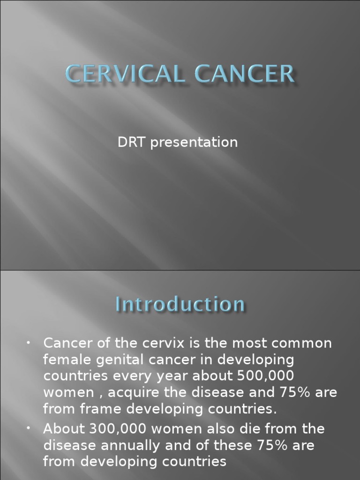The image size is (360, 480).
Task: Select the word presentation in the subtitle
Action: pyautogui.click(x=195, y=142)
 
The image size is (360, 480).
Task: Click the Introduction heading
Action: pyautogui.click(x=180, y=305)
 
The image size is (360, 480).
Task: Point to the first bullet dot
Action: pyautogui.click(x=29, y=344)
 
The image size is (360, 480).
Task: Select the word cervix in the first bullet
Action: pyautogui.click(x=156, y=343)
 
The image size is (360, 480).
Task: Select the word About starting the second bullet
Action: pyautogui.click(x=62, y=429)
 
